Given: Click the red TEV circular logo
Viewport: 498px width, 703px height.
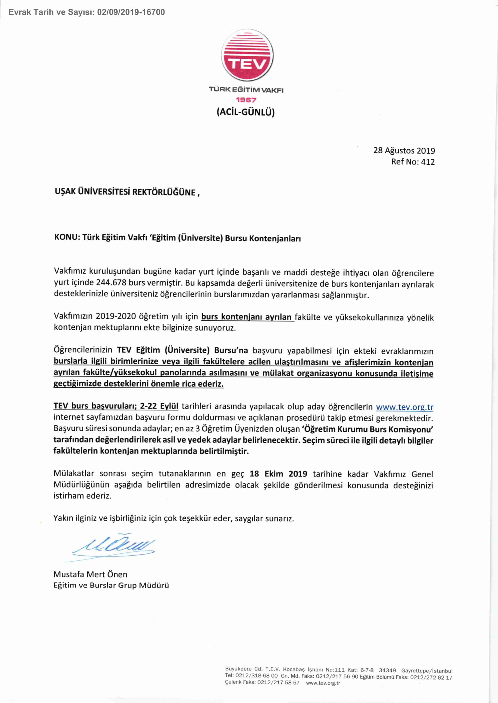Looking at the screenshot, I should pos(247,55).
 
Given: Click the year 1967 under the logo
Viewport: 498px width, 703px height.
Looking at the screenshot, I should pos(246,100).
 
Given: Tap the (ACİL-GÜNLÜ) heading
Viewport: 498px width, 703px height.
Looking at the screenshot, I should pos(246,112).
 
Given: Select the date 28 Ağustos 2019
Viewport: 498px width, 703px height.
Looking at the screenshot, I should pos(404,150).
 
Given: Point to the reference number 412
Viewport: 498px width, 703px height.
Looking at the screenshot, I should pos(428,162).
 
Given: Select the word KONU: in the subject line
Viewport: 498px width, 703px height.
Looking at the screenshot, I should pos(67,238).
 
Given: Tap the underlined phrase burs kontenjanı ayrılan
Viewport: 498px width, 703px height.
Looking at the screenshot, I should pos(247,316).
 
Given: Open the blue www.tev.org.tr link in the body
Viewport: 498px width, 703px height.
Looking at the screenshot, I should pos(404,407).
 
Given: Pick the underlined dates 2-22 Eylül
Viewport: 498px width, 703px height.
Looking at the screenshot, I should pos(159,406).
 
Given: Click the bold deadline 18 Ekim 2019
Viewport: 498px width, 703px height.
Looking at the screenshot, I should pos(278,474).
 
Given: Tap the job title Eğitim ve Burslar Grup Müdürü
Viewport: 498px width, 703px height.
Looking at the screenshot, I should pos(111,585).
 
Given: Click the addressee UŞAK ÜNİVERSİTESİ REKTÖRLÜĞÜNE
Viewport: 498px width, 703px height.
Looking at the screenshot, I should pos(125,192).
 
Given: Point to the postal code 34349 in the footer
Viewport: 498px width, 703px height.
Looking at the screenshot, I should pos(387,670).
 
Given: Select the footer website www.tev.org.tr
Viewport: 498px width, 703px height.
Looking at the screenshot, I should pos(323,683).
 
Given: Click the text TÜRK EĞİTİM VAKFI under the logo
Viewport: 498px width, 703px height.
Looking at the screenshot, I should pos(246,90).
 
